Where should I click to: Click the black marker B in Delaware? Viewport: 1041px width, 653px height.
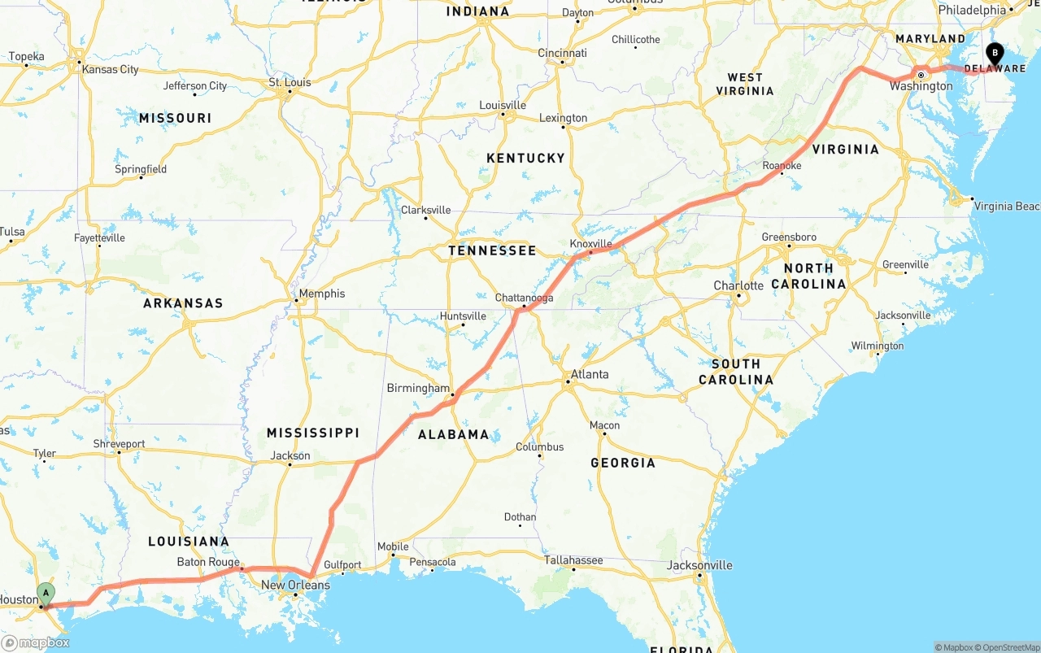[994, 54]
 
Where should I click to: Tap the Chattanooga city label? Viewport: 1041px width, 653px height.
[525, 298]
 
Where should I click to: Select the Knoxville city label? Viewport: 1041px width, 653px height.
[590, 244]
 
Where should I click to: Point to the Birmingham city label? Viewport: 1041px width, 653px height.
[418, 388]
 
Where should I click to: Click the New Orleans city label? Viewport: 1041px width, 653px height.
[295, 585]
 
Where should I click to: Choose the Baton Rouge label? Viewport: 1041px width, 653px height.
[208, 562]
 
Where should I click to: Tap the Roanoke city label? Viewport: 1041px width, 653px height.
[782, 166]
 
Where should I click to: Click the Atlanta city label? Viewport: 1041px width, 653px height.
[590, 375]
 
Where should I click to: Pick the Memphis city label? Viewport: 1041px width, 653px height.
[322, 294]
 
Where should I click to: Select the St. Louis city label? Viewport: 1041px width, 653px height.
[290, 82]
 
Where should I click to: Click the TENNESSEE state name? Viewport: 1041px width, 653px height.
[492, 250]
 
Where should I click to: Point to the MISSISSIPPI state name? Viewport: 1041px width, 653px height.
[313, 433]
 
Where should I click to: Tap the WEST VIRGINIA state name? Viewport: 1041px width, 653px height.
[745, 84]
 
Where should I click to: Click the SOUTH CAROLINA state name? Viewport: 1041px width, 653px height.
[736, 372]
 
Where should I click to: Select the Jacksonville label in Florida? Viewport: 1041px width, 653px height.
[699, 565]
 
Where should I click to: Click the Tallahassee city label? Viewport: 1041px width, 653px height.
[573, 560]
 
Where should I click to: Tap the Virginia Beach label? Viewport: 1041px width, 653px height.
[1007, 206]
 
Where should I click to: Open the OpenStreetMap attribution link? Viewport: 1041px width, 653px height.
[1009, 647]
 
